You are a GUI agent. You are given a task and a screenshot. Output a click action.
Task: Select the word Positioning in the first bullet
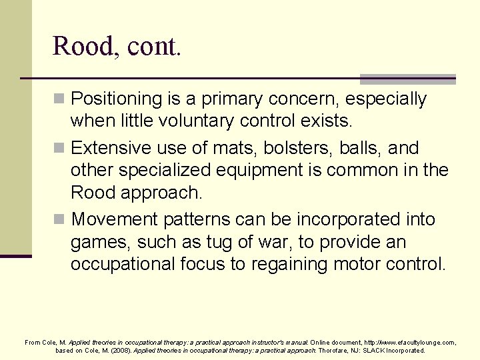(117, 99)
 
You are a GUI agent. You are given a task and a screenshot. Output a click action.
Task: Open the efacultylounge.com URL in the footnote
(410, 342)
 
